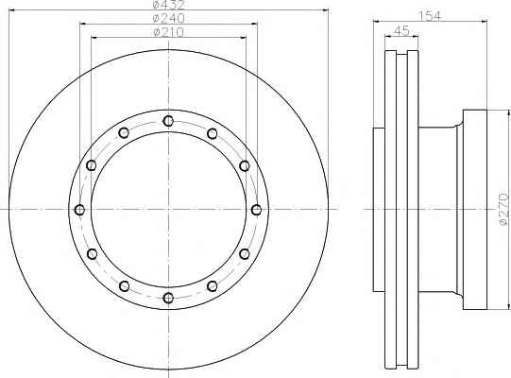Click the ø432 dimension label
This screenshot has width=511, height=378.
coord(168,5)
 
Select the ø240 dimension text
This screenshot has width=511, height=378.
coord(168,18)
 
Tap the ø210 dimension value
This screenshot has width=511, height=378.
coord(168,32)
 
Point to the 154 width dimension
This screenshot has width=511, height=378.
coord(430,16)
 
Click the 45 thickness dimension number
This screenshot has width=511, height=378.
coord(401,31)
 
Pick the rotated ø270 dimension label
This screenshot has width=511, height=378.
coord(503,209)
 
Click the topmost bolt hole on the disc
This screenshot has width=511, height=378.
coord(168,121)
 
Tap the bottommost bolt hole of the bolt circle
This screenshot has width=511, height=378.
coord(168,298)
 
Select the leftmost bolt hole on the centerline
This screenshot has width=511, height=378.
coord(79,210)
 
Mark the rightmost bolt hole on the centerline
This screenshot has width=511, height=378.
coord(257,210)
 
